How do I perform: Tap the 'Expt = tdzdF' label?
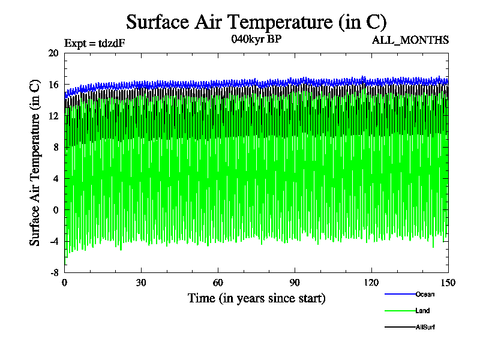[x=94, y=43]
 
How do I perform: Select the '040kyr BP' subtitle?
[x=256, y=40]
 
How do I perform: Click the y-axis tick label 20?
[x=53, y=53]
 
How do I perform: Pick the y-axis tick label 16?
[x=53, y=85]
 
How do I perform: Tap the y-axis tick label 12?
[x=53, y=116]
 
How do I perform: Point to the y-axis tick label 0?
[x=56, y=210]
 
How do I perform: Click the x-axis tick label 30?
[x=142, y=283]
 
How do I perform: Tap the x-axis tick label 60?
[x=218, y=283]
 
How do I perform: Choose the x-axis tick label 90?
[x=295, y=283]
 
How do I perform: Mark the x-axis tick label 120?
[x=372, y=283]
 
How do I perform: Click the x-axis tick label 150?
[x=448, y=283]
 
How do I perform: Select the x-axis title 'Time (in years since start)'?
[x=256, y=298]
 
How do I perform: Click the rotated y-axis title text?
[x=35, y=163]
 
